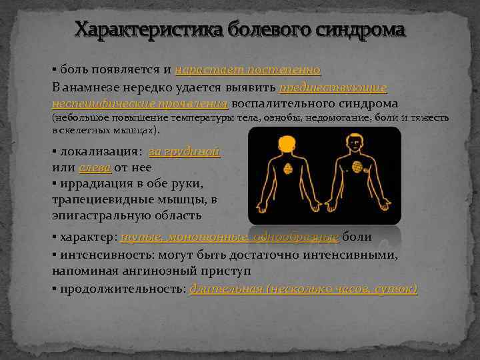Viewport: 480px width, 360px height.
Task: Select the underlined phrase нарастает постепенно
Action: pyautogui.click(x=248, y=70)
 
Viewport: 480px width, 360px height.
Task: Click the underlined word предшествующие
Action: pyautogui.click(x=333, y=87)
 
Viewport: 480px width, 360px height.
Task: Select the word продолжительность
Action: pyautogui.click(x=121, y=289)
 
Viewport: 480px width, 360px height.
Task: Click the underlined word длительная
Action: pyautogui.click(x=225, y=289)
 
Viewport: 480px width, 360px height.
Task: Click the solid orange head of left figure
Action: pyautogui.click(x=287, y=144)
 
